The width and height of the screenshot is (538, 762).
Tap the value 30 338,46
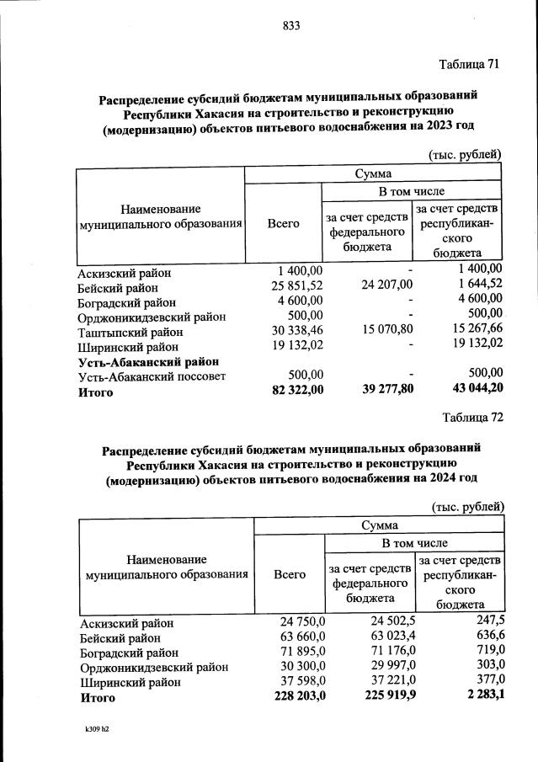[x=288, y=333]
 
